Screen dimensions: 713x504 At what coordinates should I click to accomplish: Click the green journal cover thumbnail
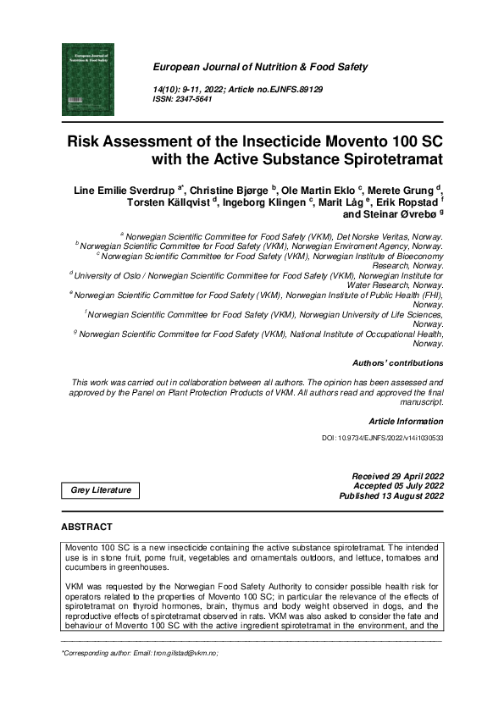tap(87, 80)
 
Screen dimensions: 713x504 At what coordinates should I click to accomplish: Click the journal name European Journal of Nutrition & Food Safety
tap(259, 67)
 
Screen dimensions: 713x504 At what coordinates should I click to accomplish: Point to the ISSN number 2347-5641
tap(195, 100)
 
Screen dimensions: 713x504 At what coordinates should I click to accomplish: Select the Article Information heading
tap(406, 421)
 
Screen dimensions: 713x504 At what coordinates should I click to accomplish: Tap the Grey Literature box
tap(101, 490)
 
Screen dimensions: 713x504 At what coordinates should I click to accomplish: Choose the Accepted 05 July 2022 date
tap(398, 486)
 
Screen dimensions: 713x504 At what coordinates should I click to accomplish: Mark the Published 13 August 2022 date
tap(391, 496)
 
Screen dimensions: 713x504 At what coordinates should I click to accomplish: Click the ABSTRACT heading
tap(86, 528)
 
